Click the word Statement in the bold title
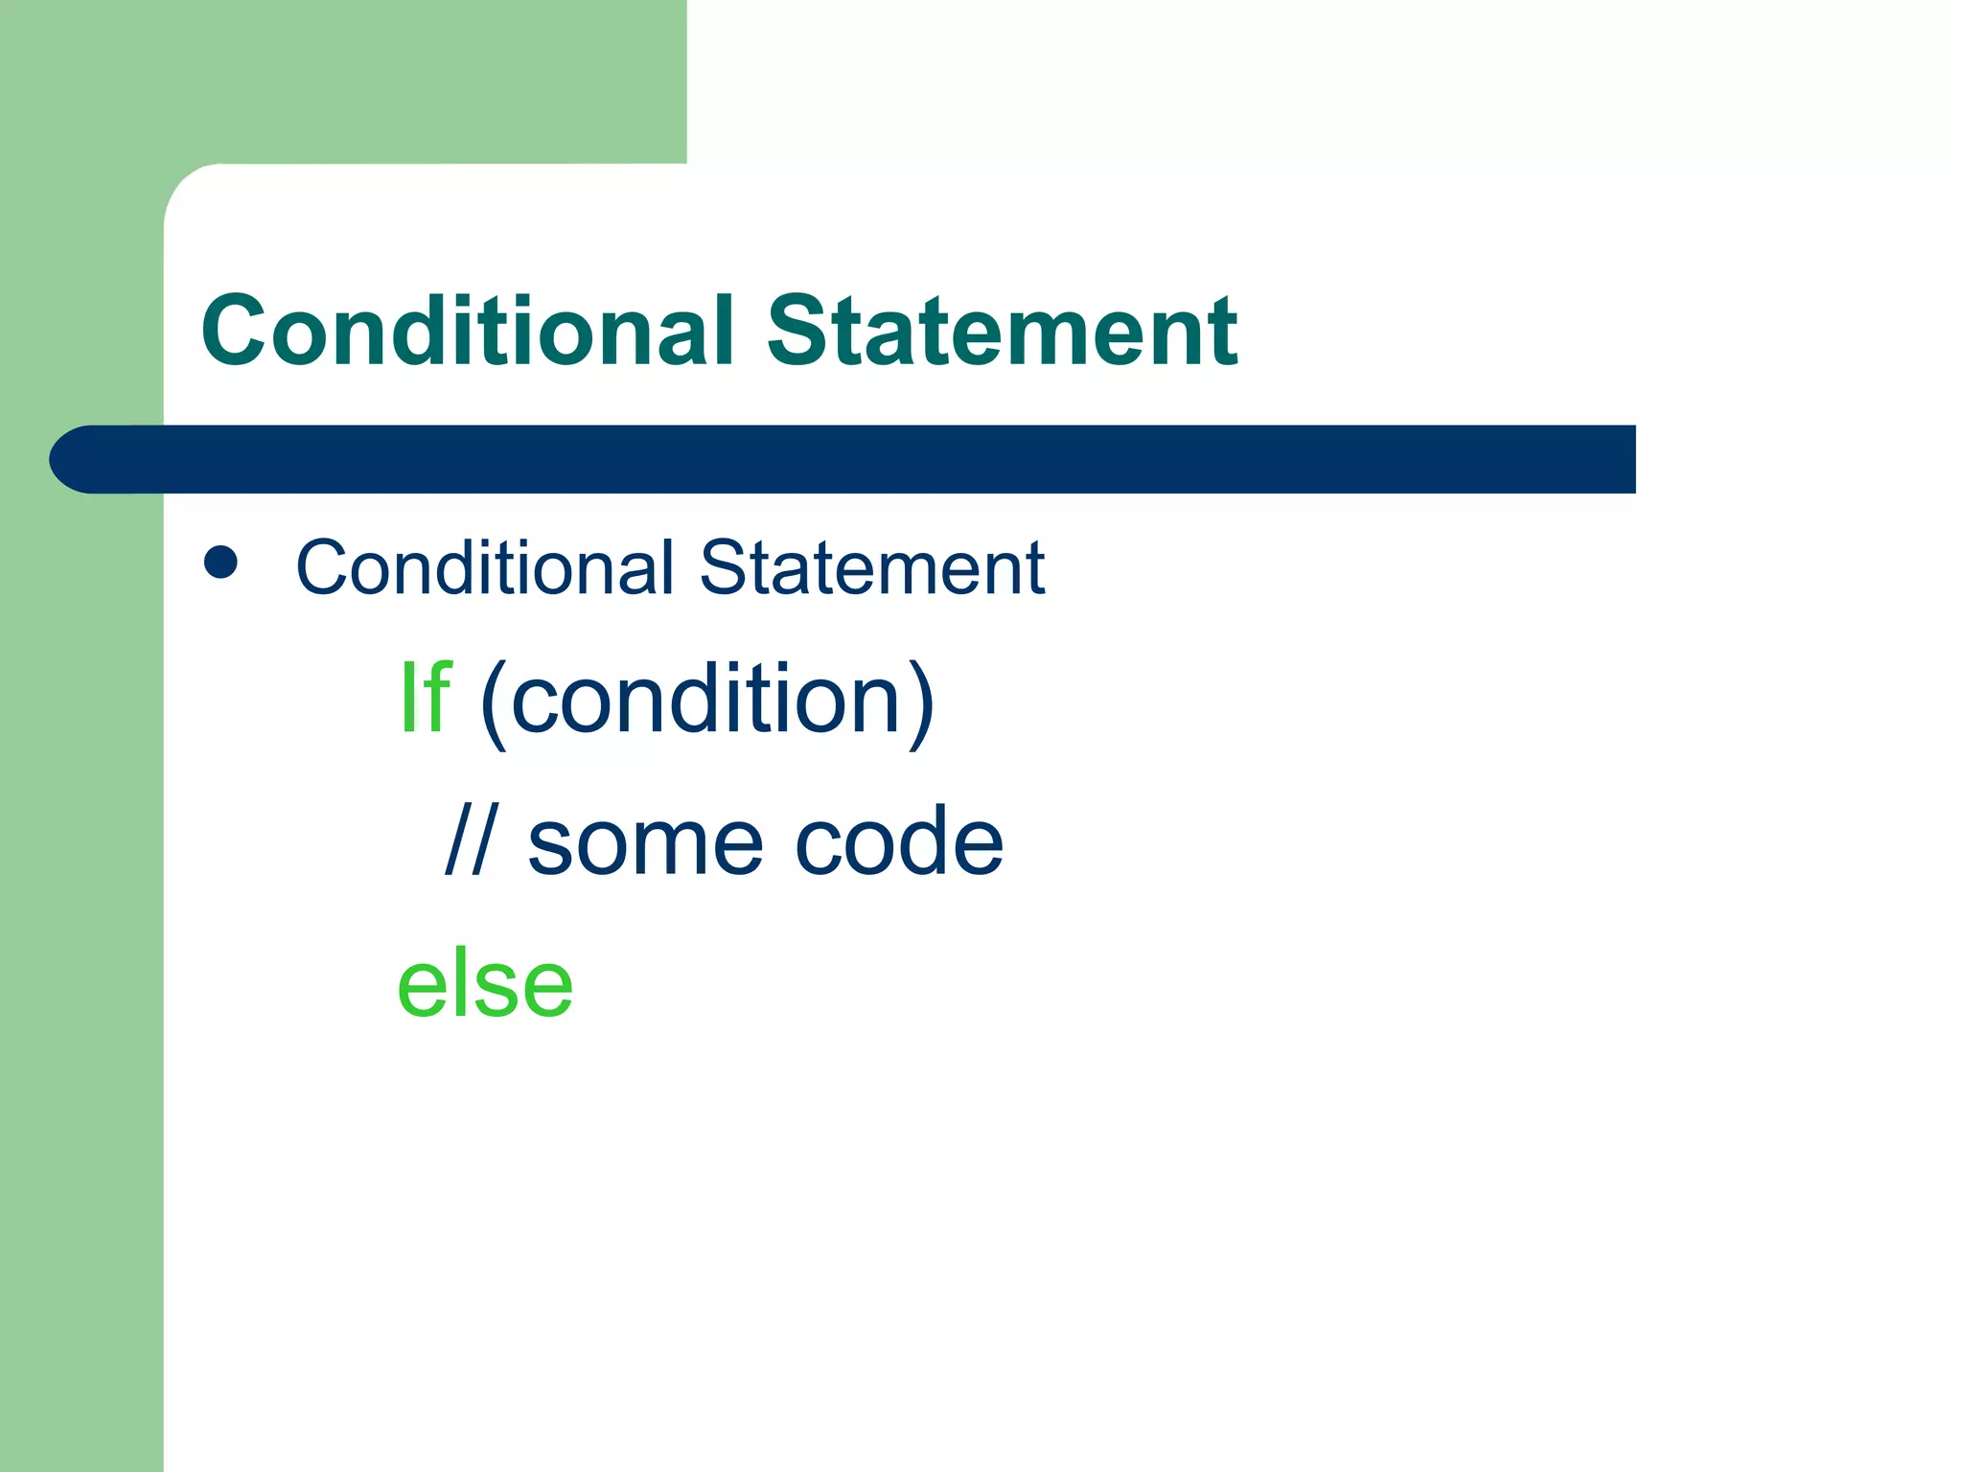pos(1002,331)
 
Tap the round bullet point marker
pos(221,563)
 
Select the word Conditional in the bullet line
pos(485,567)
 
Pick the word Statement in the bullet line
pos(871,567)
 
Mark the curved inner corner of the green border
pos(188,188)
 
